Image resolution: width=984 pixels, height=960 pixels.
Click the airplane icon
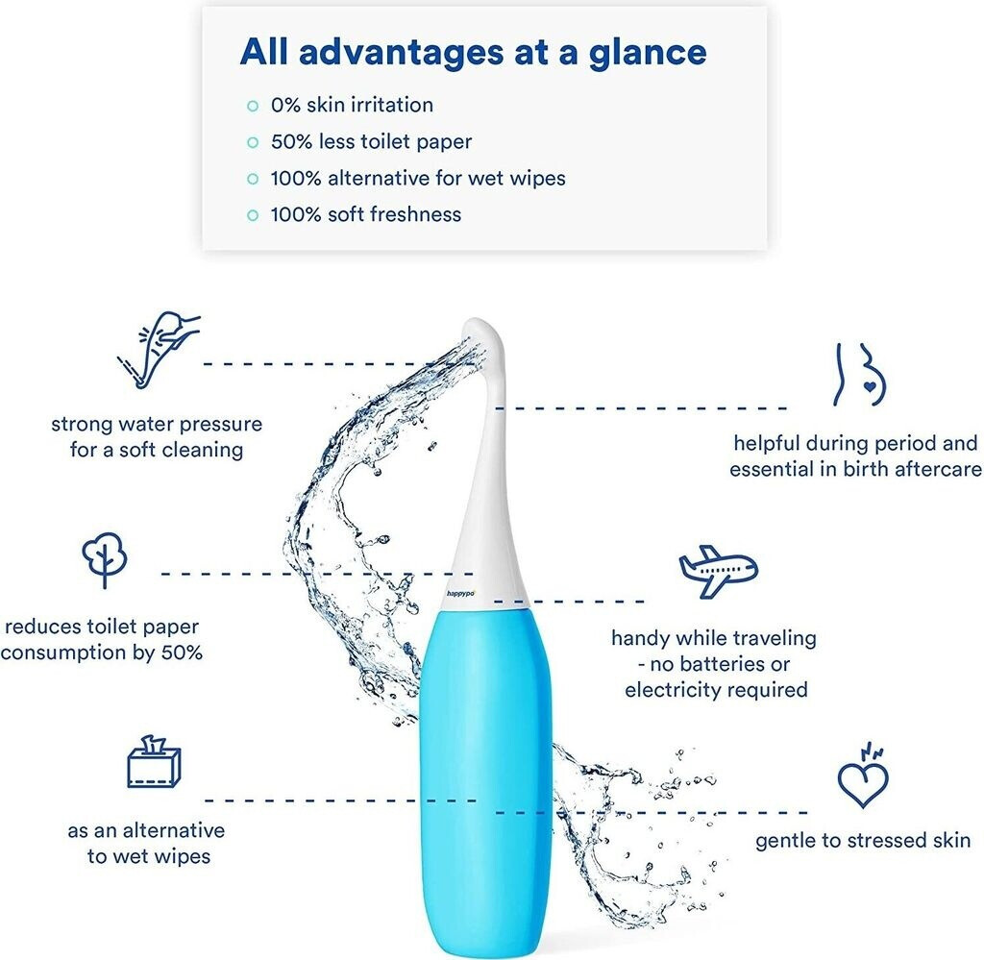719,571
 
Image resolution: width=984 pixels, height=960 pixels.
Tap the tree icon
105,559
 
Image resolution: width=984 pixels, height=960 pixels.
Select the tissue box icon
154,762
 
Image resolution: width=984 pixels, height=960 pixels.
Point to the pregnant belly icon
860,374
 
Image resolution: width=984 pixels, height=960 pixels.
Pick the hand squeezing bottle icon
159,350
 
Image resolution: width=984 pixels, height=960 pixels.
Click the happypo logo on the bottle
460,593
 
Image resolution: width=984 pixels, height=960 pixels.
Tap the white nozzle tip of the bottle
482,332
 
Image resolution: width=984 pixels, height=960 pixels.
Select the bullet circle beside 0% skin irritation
253,106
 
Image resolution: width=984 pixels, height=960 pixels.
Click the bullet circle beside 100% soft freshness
253,215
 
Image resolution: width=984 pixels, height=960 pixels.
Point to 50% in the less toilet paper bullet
291,142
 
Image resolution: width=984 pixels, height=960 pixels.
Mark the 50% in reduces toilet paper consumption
182,652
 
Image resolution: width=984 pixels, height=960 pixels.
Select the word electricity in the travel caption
669,690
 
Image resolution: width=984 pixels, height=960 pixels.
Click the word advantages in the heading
402,53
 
